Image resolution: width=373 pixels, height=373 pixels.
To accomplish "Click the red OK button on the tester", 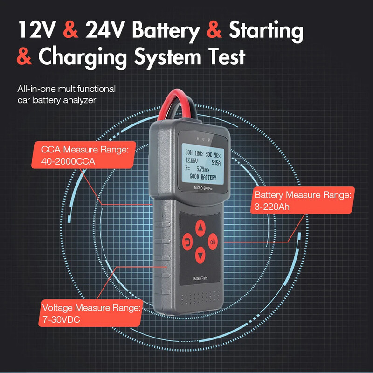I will tap(213, 242).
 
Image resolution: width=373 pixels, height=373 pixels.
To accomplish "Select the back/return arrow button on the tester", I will tap(187, 242).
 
